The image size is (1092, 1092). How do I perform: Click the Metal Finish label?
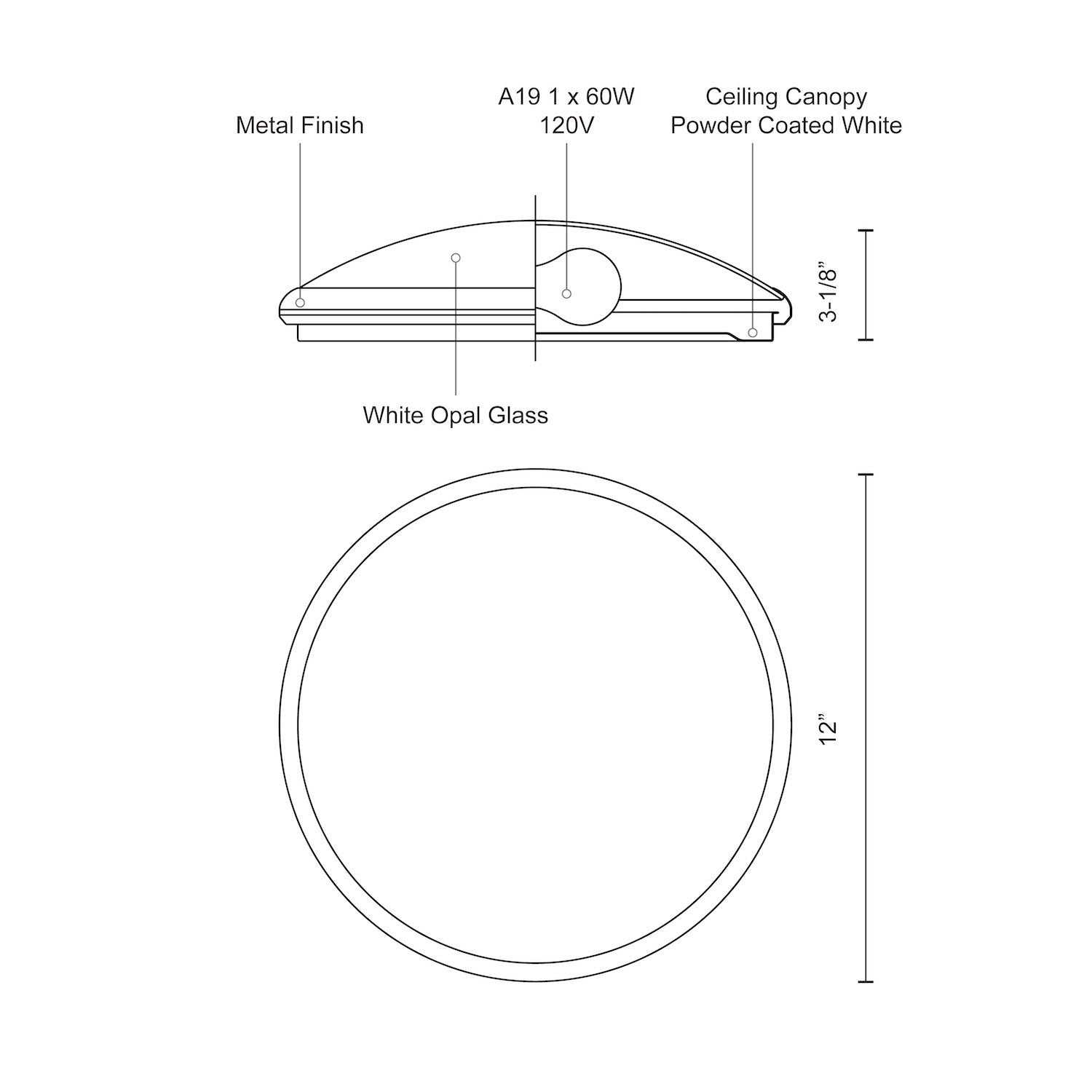pos(299,125)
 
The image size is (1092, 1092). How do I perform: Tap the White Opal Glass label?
pos(456,416)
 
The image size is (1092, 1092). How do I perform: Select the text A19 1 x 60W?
pos(566,97)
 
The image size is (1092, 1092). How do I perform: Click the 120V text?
pos(566,125)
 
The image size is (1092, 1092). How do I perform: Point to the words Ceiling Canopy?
pos(786,98)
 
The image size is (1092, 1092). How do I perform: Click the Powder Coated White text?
pos(786,125)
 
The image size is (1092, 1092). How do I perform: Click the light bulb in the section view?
pos(579,286)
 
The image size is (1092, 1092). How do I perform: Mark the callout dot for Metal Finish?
pos(300,302)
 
